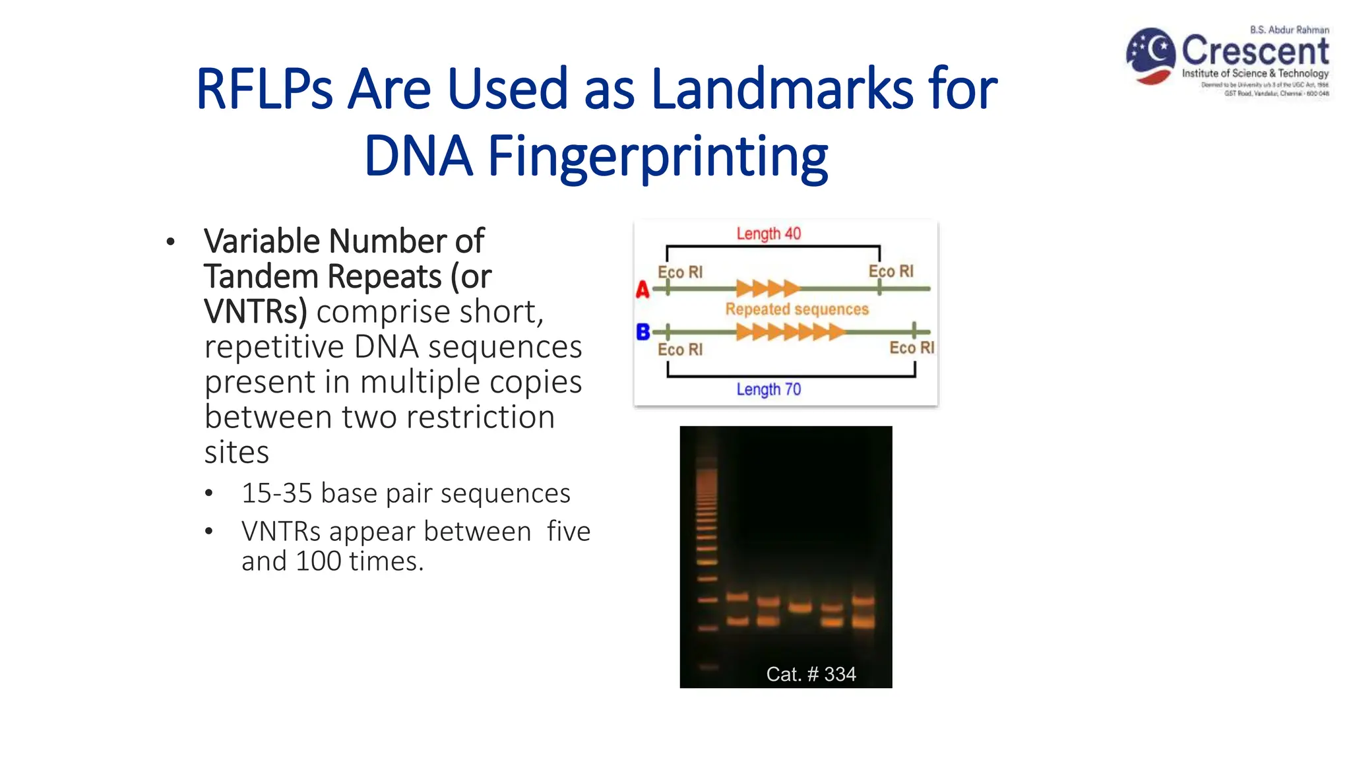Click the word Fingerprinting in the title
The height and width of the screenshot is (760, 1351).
click(657, 157)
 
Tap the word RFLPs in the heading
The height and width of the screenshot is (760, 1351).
click(265, 89)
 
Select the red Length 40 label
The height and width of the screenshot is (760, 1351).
click(769, 234)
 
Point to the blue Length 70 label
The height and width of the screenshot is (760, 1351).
click(769, 389)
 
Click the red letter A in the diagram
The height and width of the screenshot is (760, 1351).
click(643, 290)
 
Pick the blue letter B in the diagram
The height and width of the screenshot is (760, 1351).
click(643, 332)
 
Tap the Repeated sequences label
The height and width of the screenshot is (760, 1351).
click(797, 309)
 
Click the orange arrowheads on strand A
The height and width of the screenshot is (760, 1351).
click(767, 288)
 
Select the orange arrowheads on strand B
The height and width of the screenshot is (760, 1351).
click(790, 332)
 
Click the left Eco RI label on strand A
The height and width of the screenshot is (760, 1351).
click(680, 272)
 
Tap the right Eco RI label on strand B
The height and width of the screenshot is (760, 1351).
click(912, 348)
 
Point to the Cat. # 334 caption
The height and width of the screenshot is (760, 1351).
click(811, 674)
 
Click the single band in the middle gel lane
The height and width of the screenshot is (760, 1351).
click(800, 608)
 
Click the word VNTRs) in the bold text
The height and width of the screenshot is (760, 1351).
click(255, 311)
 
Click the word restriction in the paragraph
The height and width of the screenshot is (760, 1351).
click(480, 417)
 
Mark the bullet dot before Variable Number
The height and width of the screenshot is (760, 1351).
click(171, 242)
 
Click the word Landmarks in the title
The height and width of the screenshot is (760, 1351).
click(782, 89)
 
